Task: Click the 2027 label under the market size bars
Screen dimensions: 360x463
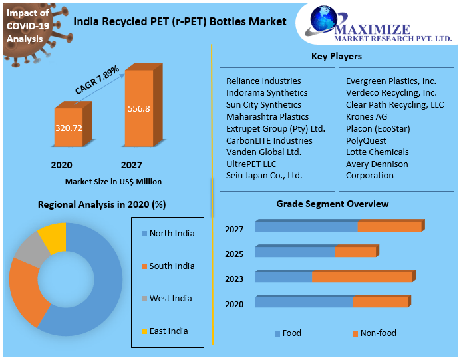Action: pyautogui.click(x=131, y=165)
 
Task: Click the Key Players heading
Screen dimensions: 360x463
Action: pyautogui.click(x=337, y=57)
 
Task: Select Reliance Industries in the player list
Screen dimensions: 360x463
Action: pyautogui.click(x=263, y=81)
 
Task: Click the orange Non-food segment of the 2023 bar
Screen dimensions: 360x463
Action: pyautogui.click(x=362, y=277)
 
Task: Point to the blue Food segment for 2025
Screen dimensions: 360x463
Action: pyautogui.click(x=295, y=252)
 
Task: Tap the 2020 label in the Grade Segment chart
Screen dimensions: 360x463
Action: pyautogui.click(x=234, y=304)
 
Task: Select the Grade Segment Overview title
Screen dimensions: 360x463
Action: pyautogui.click(x=333, y=204)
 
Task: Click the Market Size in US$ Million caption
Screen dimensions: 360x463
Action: pyautogui.click(x=113, y=182)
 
